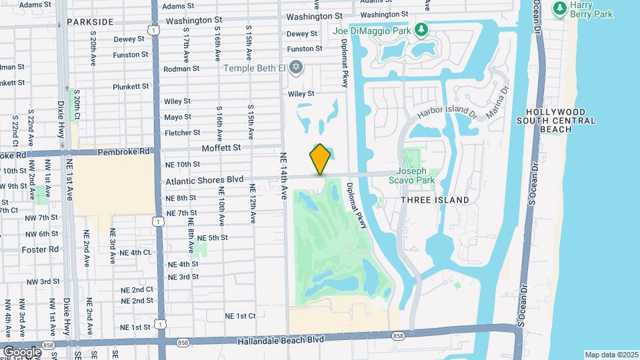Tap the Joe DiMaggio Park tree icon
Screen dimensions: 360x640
tap(421, 29)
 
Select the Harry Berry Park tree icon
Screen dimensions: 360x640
tap(559, 7)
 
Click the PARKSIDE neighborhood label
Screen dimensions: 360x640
tap(90, 22)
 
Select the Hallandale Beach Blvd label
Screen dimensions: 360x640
tap(281, 340)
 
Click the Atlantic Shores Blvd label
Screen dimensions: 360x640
tap(205, 179)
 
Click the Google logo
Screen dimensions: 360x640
tap(22, 351)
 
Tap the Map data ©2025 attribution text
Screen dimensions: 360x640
tap(611, 355)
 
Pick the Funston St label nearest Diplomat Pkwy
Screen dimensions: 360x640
tap(305, 49)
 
